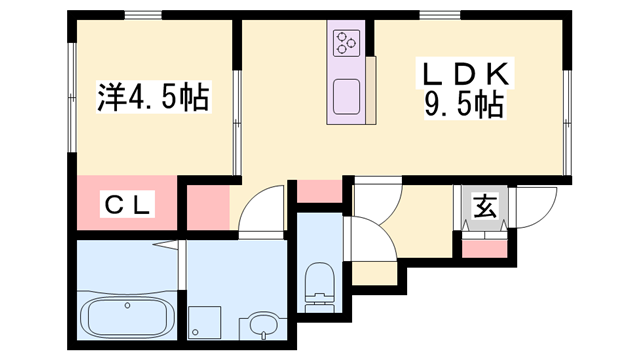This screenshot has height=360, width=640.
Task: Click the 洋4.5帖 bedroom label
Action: pos(152,98)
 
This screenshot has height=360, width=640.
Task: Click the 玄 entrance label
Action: pos(484,208)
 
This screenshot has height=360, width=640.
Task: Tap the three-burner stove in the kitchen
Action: pos(348,43)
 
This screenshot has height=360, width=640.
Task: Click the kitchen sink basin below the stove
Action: pos(347,96)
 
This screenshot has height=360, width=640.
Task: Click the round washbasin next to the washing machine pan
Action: pos(263,325)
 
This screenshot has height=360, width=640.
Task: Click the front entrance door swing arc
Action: pos(532,206)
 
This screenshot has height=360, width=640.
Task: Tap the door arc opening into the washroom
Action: pos(260,210)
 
